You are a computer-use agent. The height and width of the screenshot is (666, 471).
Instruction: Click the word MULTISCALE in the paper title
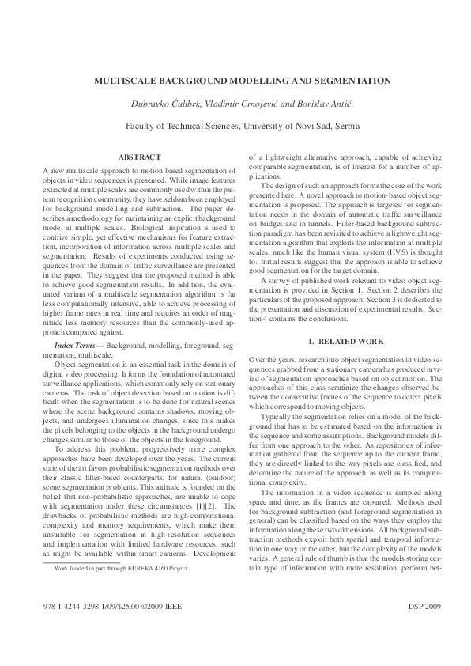[x=123, y=81]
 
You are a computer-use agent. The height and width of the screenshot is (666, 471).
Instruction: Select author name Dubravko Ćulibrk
[x=162, y=104]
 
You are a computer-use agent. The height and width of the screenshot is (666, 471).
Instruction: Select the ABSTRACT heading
[x=139, y=157]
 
